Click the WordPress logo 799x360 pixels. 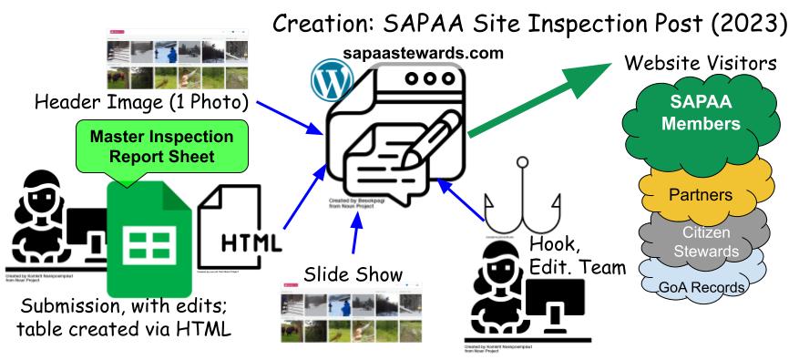coord(330,81)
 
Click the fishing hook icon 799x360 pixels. coord(521,206)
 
